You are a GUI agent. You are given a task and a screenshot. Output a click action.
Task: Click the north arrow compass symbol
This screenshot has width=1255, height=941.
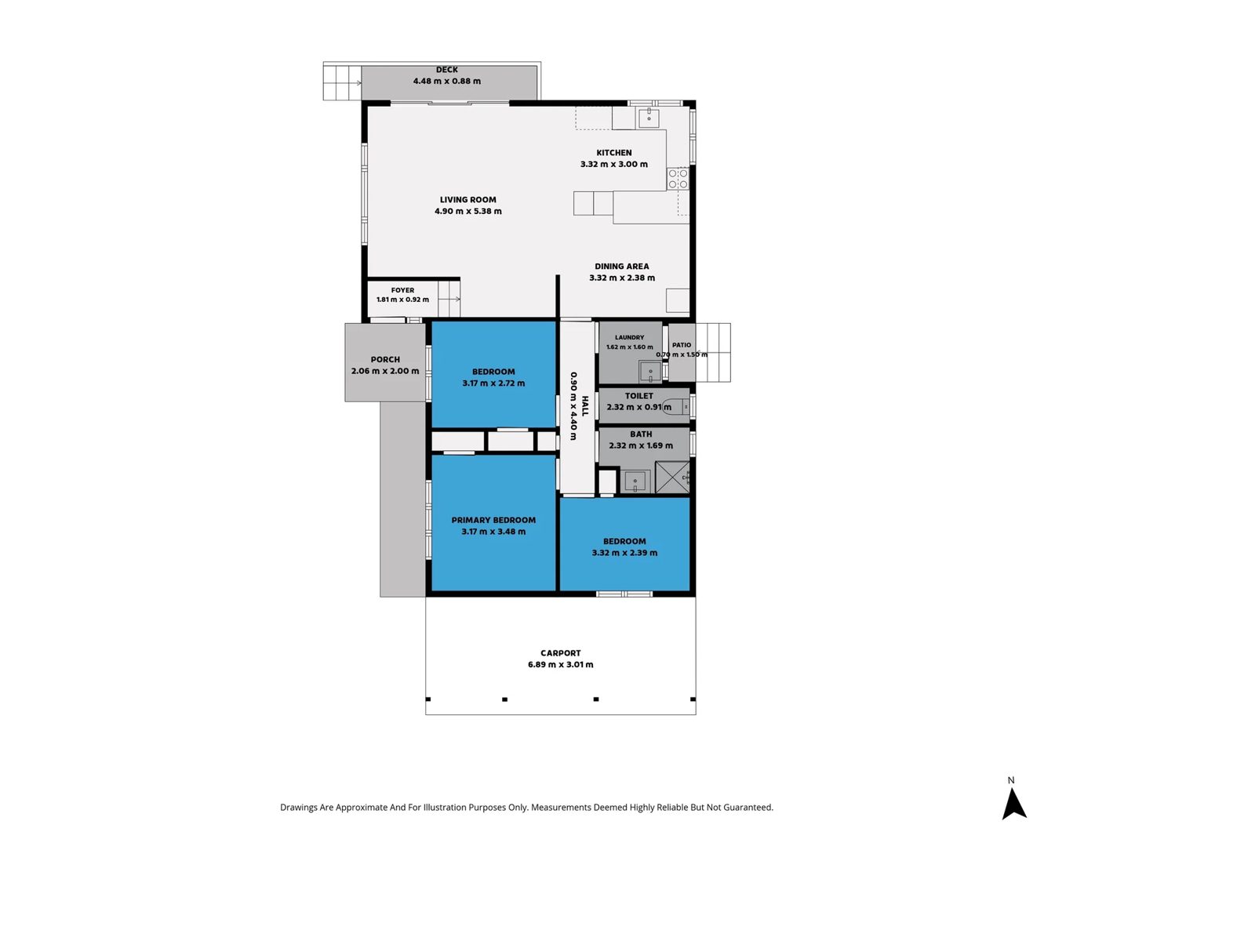[x=1013, y=805]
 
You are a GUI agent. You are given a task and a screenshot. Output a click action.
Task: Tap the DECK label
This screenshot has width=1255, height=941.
[x=446, y=70]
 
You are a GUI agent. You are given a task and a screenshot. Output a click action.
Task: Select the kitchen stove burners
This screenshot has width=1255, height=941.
[x=678, y=178]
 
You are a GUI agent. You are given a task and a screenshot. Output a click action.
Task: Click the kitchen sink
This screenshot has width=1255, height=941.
[x=649, y=118]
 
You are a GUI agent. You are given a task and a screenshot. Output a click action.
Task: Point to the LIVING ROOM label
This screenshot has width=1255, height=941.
[x=467, y=199]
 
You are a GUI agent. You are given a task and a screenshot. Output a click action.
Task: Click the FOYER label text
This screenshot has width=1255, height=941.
[x=402, y=290]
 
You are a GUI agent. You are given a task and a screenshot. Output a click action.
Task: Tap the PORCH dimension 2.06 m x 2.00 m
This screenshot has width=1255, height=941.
[x=385, y=371]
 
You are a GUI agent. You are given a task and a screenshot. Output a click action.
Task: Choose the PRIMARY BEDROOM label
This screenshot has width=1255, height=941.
[x=493, y=520]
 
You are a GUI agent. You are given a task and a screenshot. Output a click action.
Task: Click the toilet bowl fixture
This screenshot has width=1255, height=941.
[x=678, y=407]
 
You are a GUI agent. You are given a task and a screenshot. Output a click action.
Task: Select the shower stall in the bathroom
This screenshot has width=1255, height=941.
[x=672, y=477]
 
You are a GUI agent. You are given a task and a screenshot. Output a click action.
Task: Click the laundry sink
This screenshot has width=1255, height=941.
[x=650, y=372]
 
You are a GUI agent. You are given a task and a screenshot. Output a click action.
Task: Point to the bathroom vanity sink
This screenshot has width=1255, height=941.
[x=635, y=481]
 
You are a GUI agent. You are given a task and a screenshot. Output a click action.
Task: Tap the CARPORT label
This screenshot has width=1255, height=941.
[x=560, y=653]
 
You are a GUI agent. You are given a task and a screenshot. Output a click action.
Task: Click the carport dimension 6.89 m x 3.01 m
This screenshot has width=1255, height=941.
[x=560, y=664]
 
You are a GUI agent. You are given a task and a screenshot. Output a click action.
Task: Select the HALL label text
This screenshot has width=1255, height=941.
[x=585, y=406]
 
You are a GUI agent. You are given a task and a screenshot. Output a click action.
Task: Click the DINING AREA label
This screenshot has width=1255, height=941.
[x=621, y=267]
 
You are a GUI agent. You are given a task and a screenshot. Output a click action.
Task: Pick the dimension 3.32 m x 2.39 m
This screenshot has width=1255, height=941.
[x=624, y=553]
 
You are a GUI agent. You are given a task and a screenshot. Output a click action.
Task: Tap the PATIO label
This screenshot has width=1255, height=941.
[x=682, y=345]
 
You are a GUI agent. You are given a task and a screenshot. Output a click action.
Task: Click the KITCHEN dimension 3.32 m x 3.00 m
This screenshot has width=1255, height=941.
[x=614, y=164]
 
